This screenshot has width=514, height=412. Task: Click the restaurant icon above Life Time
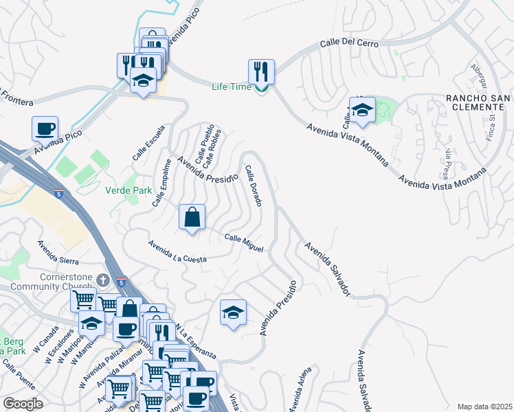click(261, 71)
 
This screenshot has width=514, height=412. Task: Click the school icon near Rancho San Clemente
click(361, 109)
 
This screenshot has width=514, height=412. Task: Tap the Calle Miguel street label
click(244, 242)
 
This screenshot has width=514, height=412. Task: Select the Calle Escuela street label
click(150, 145)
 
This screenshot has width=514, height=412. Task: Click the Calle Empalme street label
click(162, 183)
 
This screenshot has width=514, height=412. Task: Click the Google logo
click(23, 404)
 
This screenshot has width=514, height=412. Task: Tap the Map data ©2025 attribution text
click(484, 407)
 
